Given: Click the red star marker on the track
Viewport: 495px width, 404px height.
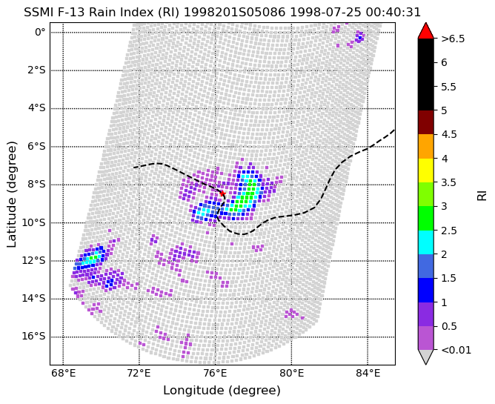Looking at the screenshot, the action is click(222, 193).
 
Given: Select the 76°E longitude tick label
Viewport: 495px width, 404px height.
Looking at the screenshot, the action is click(216, 374).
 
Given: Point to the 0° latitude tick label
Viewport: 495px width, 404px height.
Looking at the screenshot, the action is click(40, 32).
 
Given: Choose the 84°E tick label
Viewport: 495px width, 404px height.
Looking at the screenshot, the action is click(368, 374).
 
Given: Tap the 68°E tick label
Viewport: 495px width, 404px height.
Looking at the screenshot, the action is click(63, 374).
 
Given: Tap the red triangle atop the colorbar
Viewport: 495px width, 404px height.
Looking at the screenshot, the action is click(425, 31).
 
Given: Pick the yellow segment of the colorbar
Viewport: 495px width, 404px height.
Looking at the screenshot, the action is click(425, 170).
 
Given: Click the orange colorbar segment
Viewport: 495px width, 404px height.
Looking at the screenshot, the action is click(425, 147).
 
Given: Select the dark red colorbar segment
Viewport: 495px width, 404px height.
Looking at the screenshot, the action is click(425, 122).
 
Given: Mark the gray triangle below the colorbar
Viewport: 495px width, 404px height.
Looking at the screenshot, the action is click(425, 357).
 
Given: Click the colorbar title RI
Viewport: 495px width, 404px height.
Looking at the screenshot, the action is click(482, 195).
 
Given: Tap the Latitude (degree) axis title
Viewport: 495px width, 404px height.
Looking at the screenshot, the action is click(11, 194).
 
